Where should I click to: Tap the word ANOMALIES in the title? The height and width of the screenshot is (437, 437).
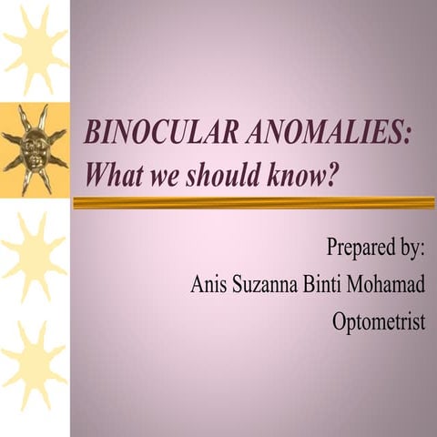pos(323,134)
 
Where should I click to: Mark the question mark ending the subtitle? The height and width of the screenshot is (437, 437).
pos(343,173)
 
